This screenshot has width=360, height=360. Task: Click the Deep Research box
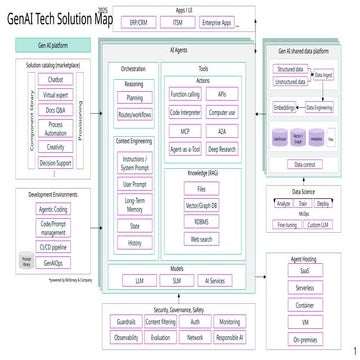coord(221,147)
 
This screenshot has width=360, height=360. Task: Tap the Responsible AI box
coord(228,338)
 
